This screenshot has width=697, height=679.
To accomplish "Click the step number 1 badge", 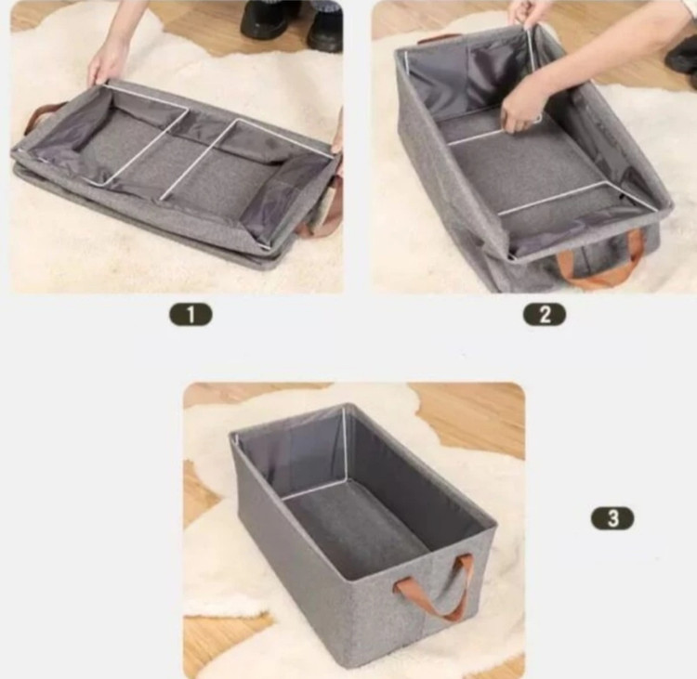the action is point(191,315).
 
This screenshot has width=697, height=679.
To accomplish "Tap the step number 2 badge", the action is point(545,315).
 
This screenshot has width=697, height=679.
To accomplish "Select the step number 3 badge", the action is point(612,518).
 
